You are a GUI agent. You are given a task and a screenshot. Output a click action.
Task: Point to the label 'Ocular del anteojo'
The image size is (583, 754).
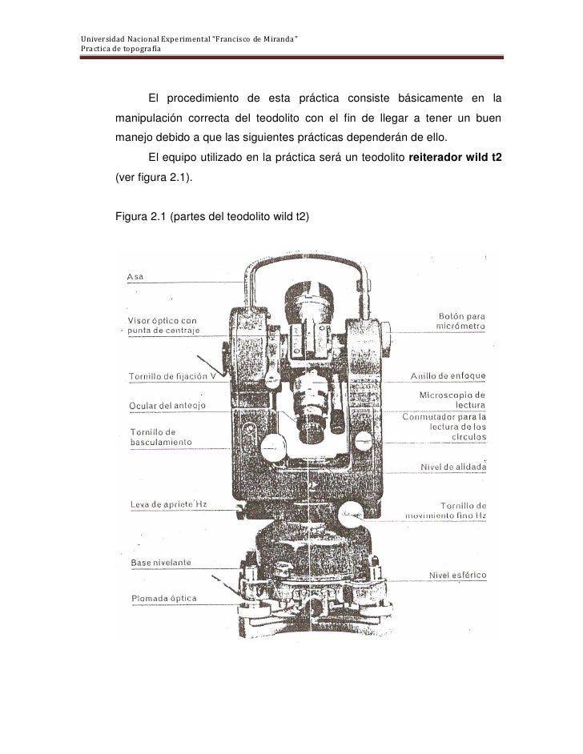point(168,406)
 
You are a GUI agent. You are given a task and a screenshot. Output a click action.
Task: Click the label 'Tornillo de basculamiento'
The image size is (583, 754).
point(161,438)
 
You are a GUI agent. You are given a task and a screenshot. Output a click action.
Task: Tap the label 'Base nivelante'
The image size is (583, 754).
point(161,563)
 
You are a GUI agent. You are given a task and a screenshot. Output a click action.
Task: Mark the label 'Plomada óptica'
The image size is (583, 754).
point(163,598)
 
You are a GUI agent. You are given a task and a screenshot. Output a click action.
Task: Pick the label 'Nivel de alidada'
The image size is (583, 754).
point(453,467)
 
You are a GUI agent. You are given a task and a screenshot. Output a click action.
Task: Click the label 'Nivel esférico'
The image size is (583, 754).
point(457,574)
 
